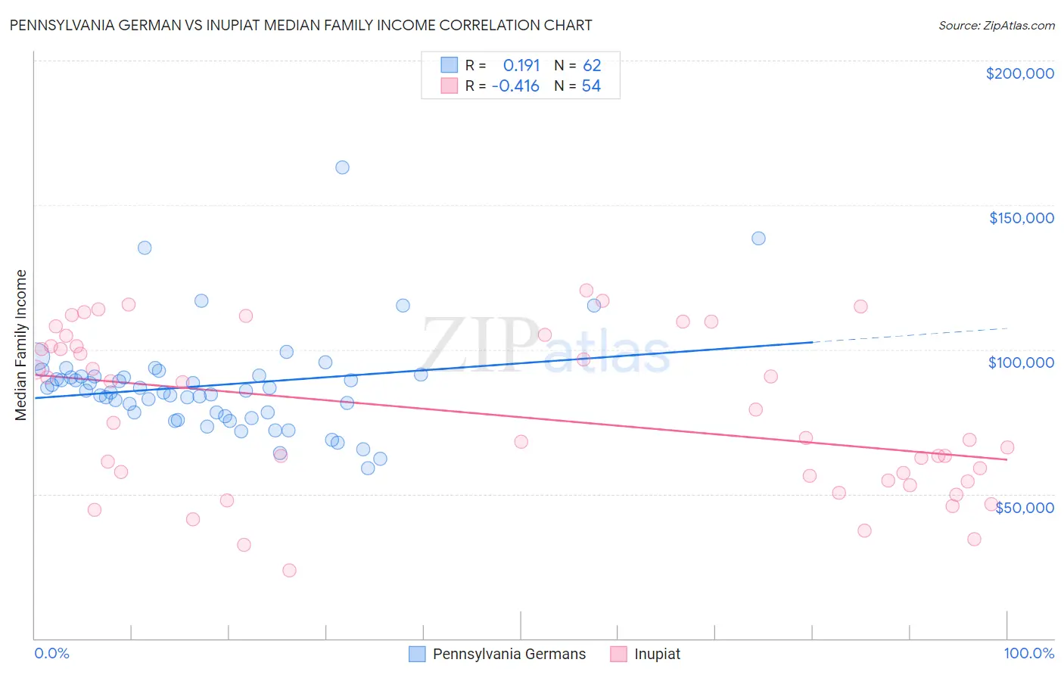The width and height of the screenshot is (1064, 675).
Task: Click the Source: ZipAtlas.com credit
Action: [996, 25]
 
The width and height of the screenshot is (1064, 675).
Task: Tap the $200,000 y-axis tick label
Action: [1019, 73]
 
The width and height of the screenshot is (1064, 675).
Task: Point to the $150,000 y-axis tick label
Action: [1021, 218]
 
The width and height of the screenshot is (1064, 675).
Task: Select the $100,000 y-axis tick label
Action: [1021, 362]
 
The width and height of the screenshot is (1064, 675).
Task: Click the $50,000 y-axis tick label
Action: [1024, 507]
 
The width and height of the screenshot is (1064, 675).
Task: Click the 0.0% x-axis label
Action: [51, 653]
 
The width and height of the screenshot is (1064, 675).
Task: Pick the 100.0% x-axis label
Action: [1028, 653]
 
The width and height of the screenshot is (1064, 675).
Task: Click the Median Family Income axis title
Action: [20, 345]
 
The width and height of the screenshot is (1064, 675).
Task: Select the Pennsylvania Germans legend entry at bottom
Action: [497, 654]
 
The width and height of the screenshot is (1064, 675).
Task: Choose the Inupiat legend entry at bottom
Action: [646, 654]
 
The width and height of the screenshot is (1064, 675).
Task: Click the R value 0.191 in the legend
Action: [521, 66]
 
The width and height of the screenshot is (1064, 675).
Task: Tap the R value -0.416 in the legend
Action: [515, 86]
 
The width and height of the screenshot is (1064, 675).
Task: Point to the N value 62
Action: [591, 66]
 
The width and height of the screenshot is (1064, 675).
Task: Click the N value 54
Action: [591, 86]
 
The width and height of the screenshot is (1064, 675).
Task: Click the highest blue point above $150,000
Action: [342, 167]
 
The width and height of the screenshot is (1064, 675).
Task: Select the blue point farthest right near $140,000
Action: [758, 238]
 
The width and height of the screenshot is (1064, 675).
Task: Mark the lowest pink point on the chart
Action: [289, 571]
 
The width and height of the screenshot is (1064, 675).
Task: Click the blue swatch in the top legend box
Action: [450, 65]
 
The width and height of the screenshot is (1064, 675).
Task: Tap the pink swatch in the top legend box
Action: [450, 86]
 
